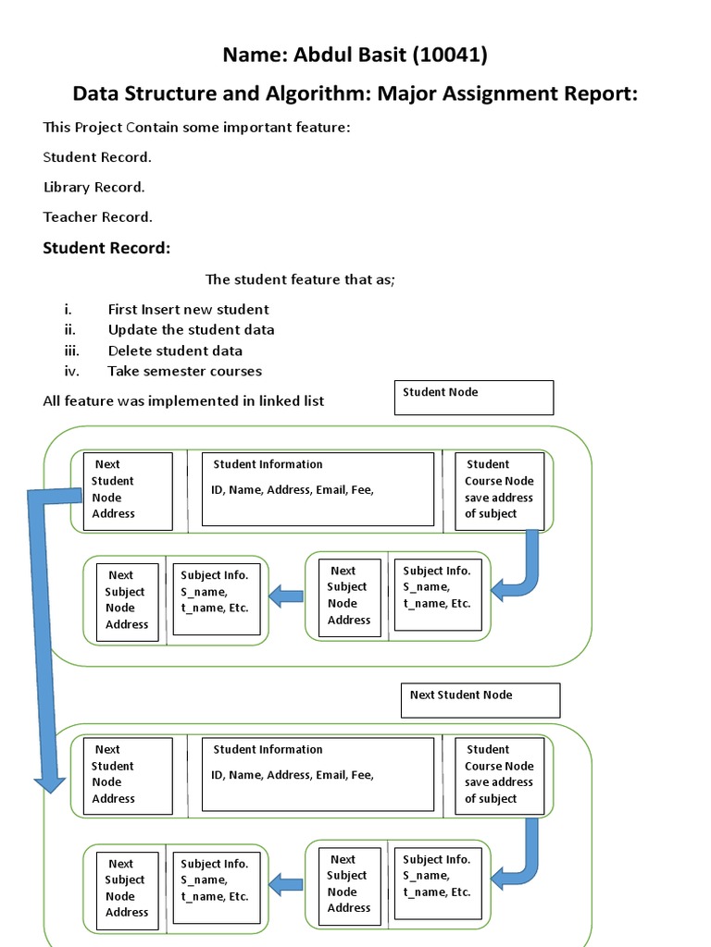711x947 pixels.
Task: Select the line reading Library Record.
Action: [x=94, y=187]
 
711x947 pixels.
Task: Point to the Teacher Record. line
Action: [x=97, y=216]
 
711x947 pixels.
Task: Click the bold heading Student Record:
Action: [x=106, y=249]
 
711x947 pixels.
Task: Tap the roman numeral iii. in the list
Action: [x=71, y=351]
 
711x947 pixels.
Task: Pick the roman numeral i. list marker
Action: [x=68, y=310]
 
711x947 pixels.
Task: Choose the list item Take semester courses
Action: [x=184, y=371]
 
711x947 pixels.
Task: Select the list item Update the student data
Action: [x=191, y=330]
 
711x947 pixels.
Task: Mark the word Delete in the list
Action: [x=129, y=351]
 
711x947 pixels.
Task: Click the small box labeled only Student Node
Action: [x=474, y=398]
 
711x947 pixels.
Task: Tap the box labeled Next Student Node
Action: [x=480, y=700]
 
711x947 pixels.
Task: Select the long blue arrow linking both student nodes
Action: [x=42, y=638]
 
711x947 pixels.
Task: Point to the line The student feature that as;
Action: [x=300, y=279]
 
